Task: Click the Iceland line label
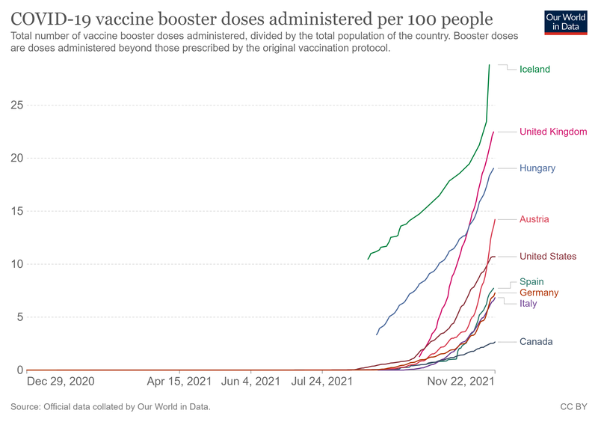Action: click(x=534, y=70)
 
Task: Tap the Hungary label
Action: click(x=537, y=168)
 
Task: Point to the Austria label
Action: click(x=534, y=219)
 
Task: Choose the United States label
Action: click(x=548, y=257)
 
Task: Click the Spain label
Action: click(x=531, y=282)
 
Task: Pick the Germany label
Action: click(x=539, y=293)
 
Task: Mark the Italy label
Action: click(x=528, y=303)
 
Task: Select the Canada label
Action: click(x=536, y=342)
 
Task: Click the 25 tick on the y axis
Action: click(x=16, y=105)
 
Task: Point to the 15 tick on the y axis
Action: click(x=16, y=211)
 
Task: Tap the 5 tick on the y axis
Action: click(x=19, y=317)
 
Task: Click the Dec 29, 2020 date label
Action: click(x=61, y=382)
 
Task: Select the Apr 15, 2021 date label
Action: click(x=179, y=382)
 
